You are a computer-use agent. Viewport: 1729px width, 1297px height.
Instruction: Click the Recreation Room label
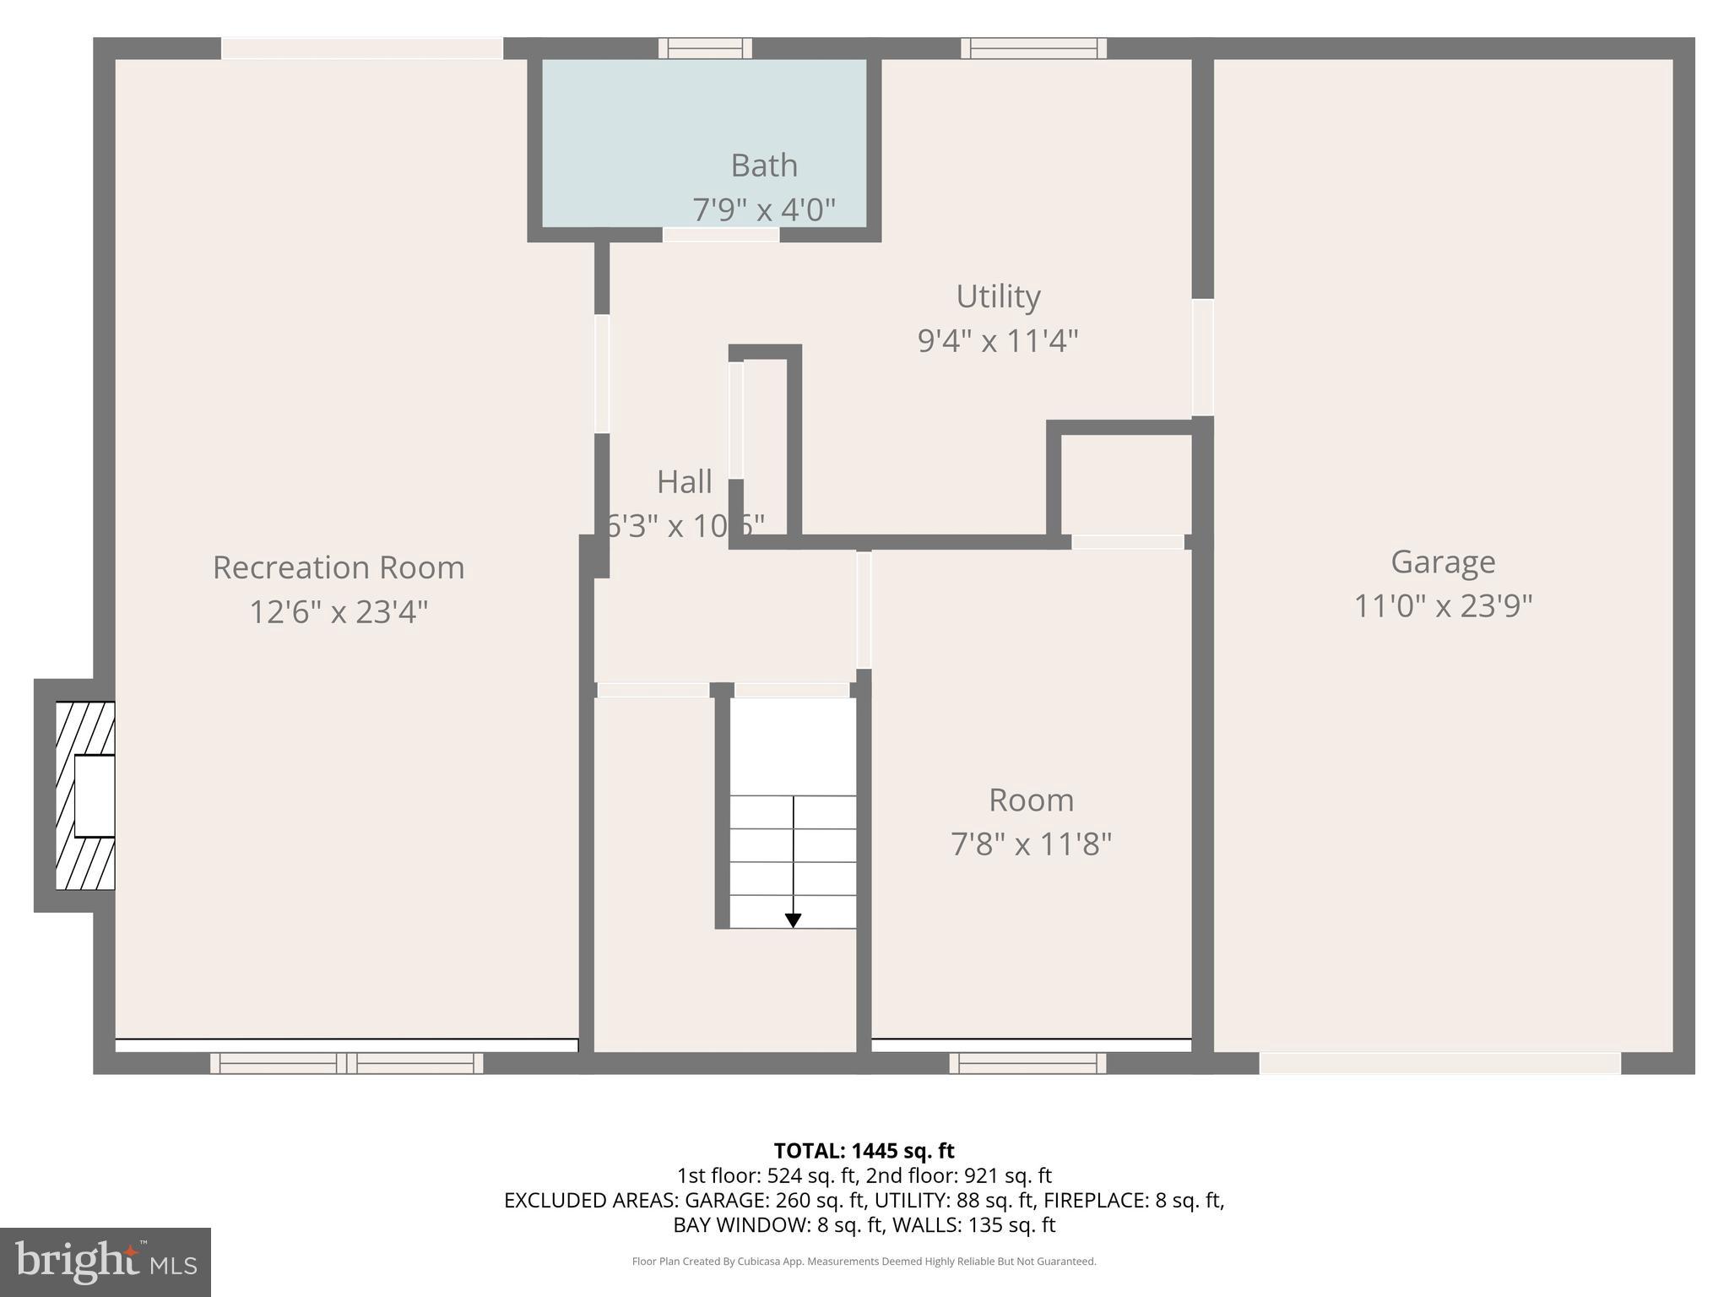tap(339, 567)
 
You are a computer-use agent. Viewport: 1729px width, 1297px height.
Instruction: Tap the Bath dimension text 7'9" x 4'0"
tap(764, 209)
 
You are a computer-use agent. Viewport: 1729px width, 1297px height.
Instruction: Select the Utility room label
tap(998, 296)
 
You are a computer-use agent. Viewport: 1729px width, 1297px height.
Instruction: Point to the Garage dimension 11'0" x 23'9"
tap(1443, 606)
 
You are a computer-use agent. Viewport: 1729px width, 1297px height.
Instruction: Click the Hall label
tap(684, 482)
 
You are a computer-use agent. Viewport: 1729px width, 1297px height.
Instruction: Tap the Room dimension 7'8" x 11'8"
tap(1031, 844)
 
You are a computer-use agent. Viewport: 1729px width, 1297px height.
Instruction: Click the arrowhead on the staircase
tap(793, 920)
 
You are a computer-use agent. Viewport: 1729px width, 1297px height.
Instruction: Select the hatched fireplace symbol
tap(84, 795)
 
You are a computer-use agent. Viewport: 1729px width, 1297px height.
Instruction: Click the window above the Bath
tap(705, 48)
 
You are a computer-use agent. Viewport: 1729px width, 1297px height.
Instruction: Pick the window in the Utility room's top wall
tap(1033, 48)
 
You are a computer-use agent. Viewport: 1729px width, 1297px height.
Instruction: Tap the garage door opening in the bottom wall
tap(1439, 1063)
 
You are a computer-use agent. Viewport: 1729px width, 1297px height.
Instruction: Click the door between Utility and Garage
tap(1202, 357)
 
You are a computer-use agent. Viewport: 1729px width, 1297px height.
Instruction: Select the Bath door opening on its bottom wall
tap(720, 235)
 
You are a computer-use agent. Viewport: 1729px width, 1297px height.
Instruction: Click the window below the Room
tap(1027, 1063)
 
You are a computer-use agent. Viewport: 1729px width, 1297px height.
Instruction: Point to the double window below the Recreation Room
tap(346, 1063)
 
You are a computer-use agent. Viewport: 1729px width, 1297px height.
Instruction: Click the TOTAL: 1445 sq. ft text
tap(864, 1151)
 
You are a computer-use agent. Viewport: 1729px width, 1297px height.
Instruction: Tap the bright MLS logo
tap(105, 1262)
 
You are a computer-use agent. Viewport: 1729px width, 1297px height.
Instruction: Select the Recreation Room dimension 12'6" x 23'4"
tap(339, 611)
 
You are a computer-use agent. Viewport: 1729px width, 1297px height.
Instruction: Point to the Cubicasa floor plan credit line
tap(864, 1262)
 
